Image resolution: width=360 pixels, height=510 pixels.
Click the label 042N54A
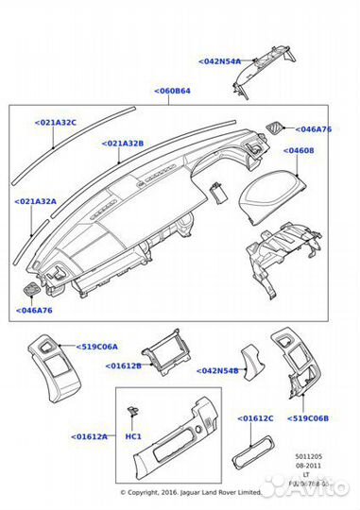(x=220, y=61)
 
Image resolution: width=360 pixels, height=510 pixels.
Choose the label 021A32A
(x=35, y=202)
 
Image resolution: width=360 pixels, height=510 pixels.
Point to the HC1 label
(x=133, y=437)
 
